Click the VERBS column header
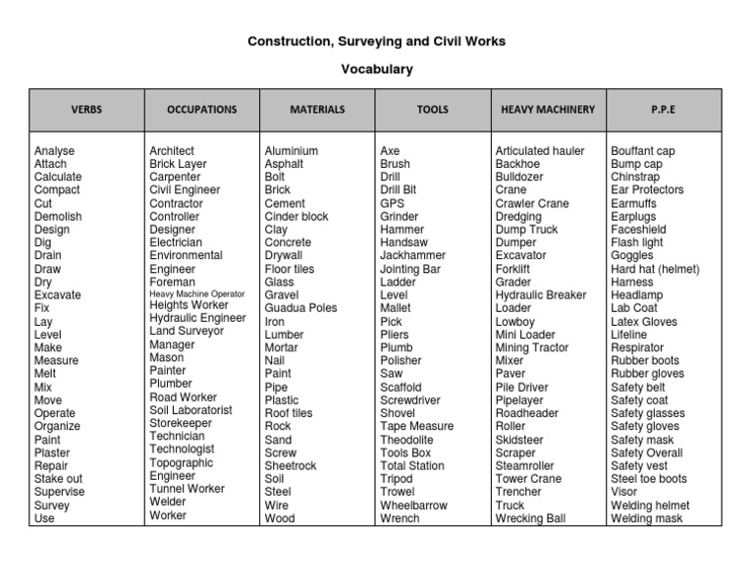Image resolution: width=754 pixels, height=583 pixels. pyautogui.click(x=86, y=110)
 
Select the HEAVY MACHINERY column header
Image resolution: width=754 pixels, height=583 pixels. pyautogui.click(x=548, y=110)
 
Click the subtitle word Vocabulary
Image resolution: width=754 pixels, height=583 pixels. pyautogui.click(x=377, y=70)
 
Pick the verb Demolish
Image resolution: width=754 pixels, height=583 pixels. pyautogui.click(x=58, y=217)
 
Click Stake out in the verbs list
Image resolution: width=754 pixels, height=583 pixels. pyautogui.click(x=58, y=479)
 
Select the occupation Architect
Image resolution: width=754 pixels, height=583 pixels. pyautogui.click(x=172, y=151)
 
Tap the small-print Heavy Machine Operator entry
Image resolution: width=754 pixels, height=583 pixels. pyautogui.click(x=197, y=293)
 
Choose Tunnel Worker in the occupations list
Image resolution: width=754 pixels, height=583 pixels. pyautogui.click(x=187, y=489)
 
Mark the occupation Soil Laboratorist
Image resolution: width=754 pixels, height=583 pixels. pyautogui.click(x=190, y=410)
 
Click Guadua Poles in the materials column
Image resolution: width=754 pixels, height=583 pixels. pyautogui.click(x=300, y=308)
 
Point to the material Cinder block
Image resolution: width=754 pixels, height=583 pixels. pyautogui.click(x=296, y=217)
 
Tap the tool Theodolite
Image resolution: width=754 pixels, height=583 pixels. pyautogui.click(x=407, y=440)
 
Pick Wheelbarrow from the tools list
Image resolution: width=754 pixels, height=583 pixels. pyautogui.click(x=414, y=505)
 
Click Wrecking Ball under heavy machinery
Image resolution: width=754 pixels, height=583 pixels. pyautogui.click(x=531, y=518)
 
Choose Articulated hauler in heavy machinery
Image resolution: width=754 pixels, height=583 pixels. pyautogui.click(x=539, y=151)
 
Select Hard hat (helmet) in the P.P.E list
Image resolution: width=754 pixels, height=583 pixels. pyautogui.click(x=655, y=269)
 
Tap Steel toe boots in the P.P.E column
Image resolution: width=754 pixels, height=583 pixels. pyautogui.click(x=649, y=479)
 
